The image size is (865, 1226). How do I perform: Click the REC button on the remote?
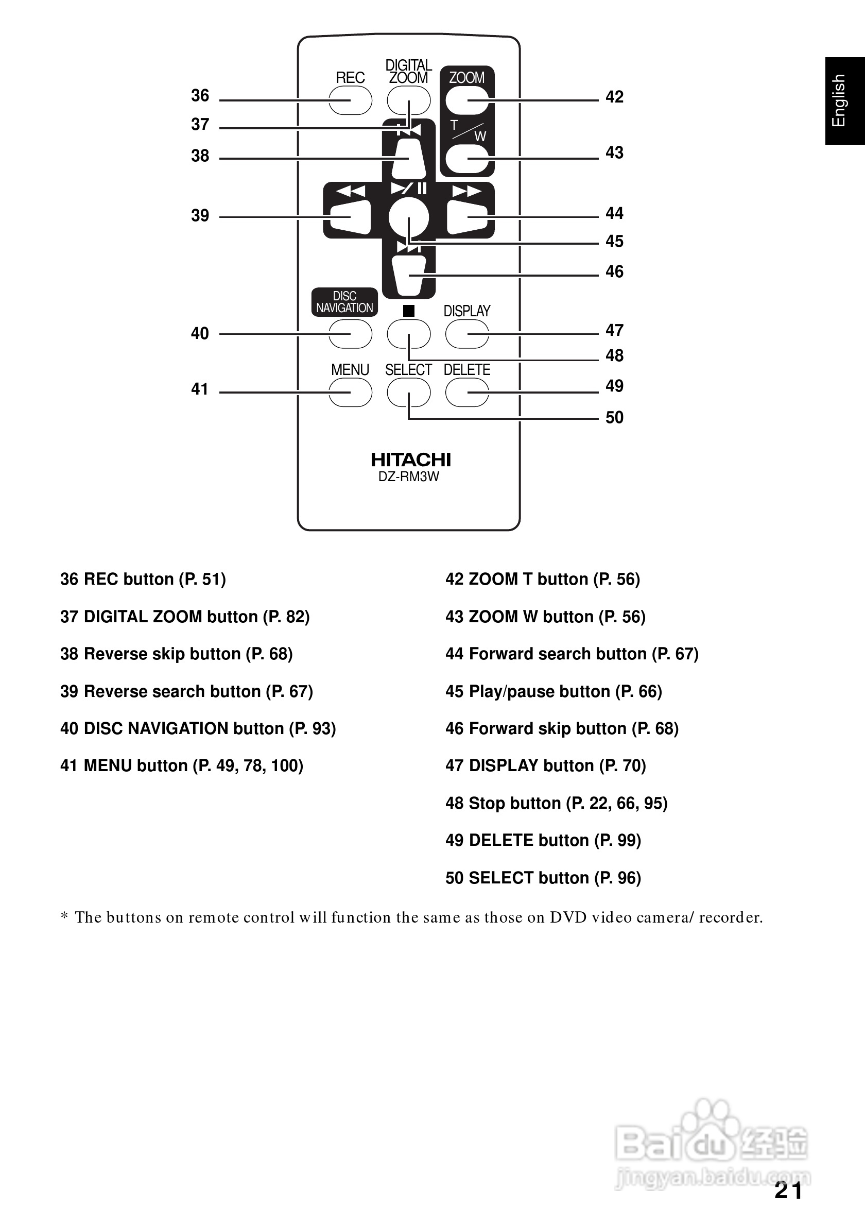tap(350, 100)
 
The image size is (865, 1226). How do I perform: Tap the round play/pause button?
tap(409, 217)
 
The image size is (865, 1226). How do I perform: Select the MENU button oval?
tap(350, 393)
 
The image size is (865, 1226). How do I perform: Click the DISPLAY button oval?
tap(467, 334)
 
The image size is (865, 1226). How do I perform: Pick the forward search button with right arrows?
tap(467, 216)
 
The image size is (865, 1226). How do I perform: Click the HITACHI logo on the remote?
tap(410, 459)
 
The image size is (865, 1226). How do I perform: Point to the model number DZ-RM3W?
tap(408, 477)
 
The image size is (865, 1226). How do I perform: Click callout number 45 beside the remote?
tap(614, 242)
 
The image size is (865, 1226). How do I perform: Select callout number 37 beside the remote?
tap(200, 125)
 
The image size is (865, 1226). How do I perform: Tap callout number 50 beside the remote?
tap(614, 418)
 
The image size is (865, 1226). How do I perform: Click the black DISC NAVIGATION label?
tap(345, 302)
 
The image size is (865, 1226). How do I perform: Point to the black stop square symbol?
tap(409, 310)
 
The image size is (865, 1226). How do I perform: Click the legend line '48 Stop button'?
tap(556, 803)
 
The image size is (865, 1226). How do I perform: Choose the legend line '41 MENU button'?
tap(181, 765)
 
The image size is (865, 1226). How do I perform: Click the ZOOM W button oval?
tap(467, 159)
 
